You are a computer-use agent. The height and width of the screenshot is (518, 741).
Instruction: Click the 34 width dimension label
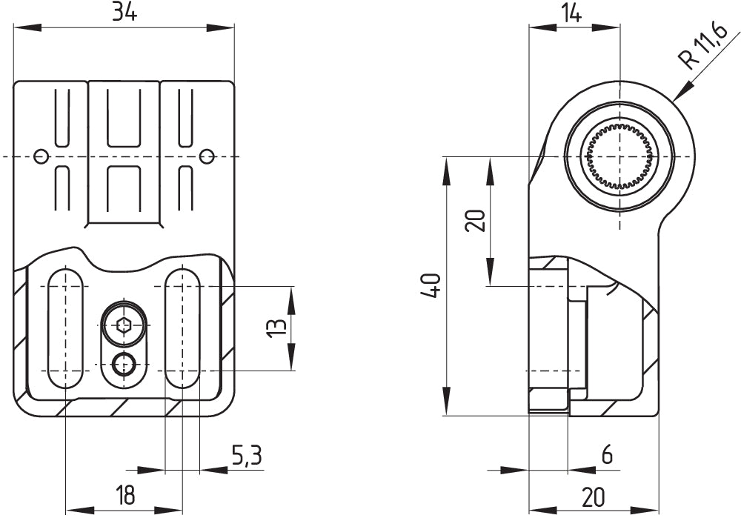click(124, 13)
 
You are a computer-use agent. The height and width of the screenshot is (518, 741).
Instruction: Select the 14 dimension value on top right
click(571, 13)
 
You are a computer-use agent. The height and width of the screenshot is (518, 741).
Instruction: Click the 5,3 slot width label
click(246, 455)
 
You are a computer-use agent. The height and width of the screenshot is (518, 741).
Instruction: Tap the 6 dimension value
click(607, 455)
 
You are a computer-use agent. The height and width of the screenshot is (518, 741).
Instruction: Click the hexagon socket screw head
click(124, 325)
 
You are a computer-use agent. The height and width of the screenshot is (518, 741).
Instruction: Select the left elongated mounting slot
click(65, 328)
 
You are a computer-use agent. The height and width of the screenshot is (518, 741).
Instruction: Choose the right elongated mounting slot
click(182, 328)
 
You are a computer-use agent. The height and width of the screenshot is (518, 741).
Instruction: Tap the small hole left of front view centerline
click(41, 156)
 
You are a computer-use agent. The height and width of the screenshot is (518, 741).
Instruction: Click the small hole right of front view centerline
click(207, 156)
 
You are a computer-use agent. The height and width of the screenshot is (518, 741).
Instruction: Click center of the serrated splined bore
click(619, 156)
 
